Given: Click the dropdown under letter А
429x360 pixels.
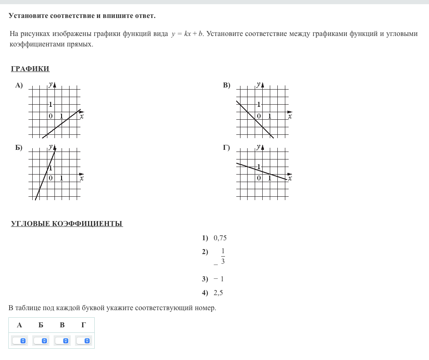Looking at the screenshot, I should pyautogui.click(x=19, y=341).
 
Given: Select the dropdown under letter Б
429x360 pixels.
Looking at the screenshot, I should pyautogui.click(x=41, y=341).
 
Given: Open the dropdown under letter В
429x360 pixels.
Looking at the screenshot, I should pyautogui.click(x=62, y=341).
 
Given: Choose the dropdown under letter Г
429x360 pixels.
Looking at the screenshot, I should pyautogui.click(x=84, y=341).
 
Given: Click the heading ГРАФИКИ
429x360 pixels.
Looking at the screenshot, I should pyautogui.click(x=30, y=69).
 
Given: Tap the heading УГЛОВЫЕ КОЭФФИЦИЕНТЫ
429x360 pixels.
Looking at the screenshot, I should pyautogui.click(x=67, y=224).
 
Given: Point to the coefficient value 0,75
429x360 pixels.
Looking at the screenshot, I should pyautogui.click(x=220, y=238).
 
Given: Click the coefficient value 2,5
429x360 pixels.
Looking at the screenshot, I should pyautogui.click(x=218, y=293).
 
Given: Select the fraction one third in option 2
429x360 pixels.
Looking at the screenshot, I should pyautogui.click(x=222, y=256).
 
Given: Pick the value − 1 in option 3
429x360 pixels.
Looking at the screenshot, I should pyautogui.click(x=219, y=279).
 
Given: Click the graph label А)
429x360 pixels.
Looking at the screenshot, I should pyautogui.click(x=19, y=85).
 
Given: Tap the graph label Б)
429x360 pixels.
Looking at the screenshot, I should pyautogui.click(x=19, y=147).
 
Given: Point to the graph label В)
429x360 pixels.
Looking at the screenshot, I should pyautogui.click(x=227, y=85).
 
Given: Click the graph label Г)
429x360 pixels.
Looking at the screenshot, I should pyautogui.click(x=227, y=147).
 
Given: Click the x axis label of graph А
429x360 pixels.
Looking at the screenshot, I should pyautogui.click(x=82, y=116).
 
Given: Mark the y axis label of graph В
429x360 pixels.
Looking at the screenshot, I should pyautogui.click(x=258, y=84).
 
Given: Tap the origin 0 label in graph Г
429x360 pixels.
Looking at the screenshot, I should pyautogui.click(x=259, y=178).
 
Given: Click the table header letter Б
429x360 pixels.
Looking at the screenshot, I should pyautogui.click(x=41, y=325).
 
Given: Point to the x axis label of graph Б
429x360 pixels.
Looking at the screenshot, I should pyautogui.click(x=82, y=178).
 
